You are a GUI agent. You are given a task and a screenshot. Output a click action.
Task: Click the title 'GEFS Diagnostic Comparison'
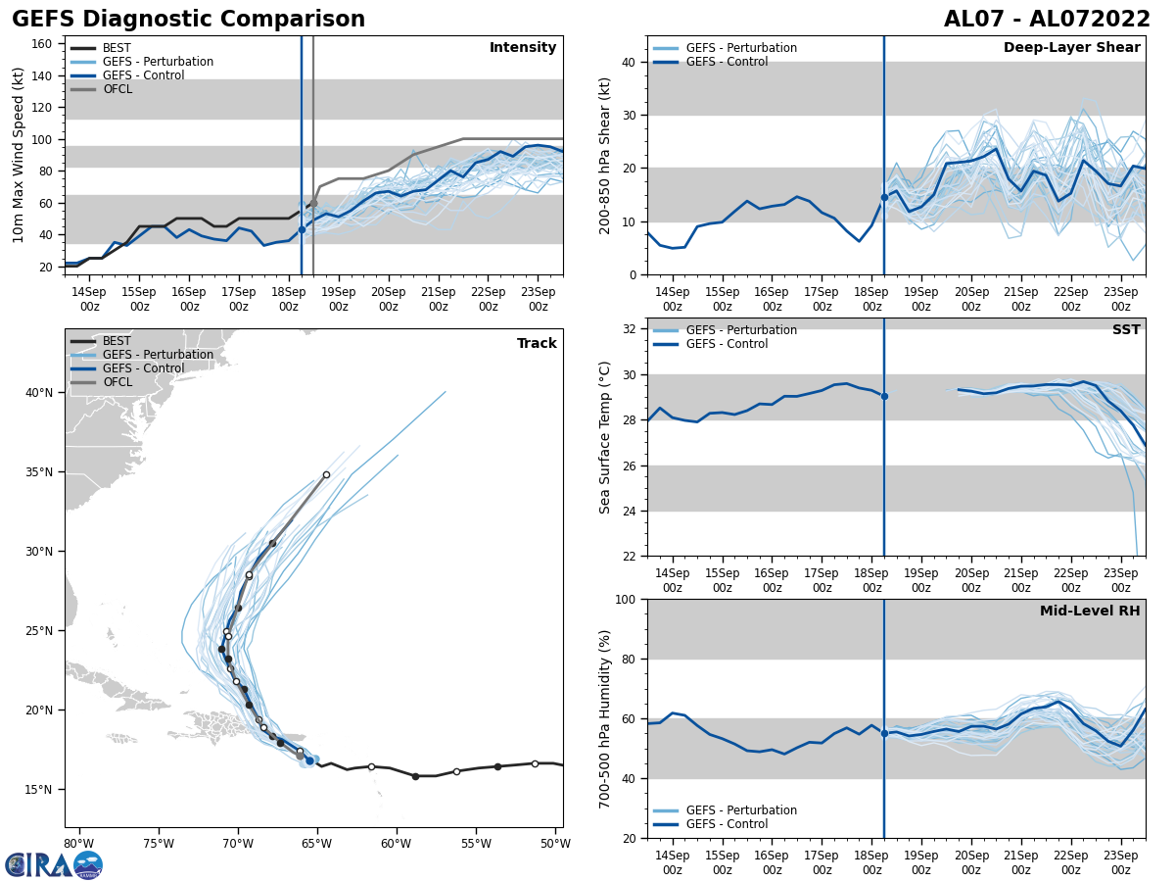click(188, 20)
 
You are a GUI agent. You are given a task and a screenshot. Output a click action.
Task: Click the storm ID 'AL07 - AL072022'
click(1047, 20)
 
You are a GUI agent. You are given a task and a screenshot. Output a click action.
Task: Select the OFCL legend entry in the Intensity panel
click(117, 89)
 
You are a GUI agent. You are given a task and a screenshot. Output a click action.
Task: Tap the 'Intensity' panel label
click(523, 48)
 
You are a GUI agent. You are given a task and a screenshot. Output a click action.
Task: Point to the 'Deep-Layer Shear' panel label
click(1071, 48)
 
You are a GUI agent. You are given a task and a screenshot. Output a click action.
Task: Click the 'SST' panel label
click(1126, 330)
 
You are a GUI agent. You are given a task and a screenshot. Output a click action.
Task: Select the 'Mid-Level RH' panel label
click(1090, 612)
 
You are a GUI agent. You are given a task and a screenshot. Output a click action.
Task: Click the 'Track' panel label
click(537, 344)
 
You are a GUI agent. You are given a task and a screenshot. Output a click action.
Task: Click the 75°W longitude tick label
click(159, 844)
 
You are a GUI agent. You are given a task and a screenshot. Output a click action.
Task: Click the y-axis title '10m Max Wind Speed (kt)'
click(19, 155)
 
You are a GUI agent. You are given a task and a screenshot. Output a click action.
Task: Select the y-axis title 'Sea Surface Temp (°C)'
click(605, 437)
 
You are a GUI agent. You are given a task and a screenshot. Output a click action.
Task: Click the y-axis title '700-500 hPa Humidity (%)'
click(605, 718)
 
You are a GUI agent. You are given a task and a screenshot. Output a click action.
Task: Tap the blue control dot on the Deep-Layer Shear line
click(884, 197)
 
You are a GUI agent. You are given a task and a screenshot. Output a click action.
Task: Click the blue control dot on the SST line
click(884, 396)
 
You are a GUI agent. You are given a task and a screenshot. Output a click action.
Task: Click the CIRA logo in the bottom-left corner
click(54, 864)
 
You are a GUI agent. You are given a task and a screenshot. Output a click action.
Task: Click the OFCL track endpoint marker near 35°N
click(326, 474)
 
